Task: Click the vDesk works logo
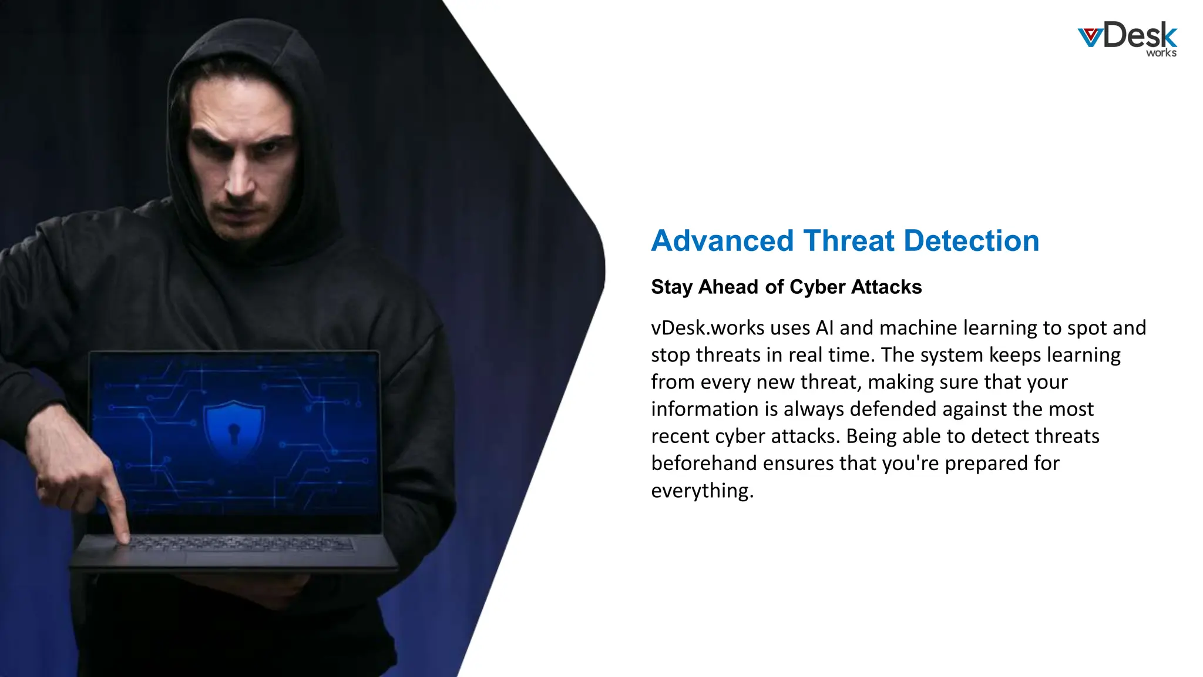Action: (x=1127, y=39)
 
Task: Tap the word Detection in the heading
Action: (x=971, y=241)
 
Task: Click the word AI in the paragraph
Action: (x=825, y=328)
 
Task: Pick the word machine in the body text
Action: (x=918, y=328)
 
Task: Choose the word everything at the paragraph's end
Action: (x=701, y=491)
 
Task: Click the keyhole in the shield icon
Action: (x=234, y=434)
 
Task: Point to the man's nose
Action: (x=240, y=182)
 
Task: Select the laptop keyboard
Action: (x=241, y=545)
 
